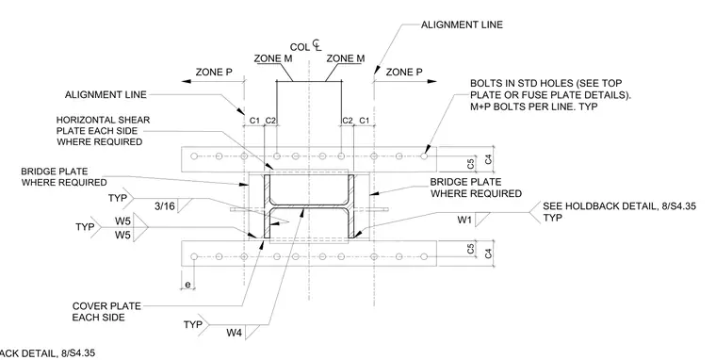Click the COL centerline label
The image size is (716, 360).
[x=305, y=46]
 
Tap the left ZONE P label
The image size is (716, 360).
[x=214, y=73]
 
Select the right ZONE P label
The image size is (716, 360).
[x=404, y=73]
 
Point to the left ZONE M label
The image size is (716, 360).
[x=273, y=58]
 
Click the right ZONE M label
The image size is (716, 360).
[x=346, y=58]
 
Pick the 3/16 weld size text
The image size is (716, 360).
[x=164, y=206]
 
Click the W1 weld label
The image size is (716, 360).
[x=464, y=220]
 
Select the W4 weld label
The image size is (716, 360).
[x=234, y=333]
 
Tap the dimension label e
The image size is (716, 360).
[x=187, y=285]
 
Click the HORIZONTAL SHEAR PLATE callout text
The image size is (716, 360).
[x=103, y=131]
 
